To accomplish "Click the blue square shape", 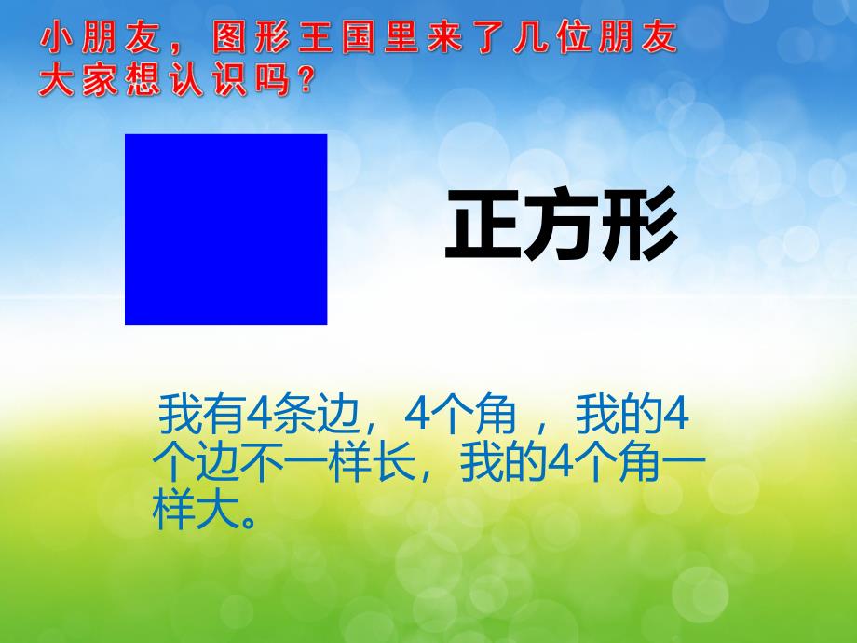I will [x=225, y=229].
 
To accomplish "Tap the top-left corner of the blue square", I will [x=126, y=135].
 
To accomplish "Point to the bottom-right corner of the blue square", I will [x=326, y=323].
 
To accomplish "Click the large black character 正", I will [x=483, y=226].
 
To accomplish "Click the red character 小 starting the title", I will [x=56, y=42].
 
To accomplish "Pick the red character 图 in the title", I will [x=230, y=42].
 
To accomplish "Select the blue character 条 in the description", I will [x=290, y=417].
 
